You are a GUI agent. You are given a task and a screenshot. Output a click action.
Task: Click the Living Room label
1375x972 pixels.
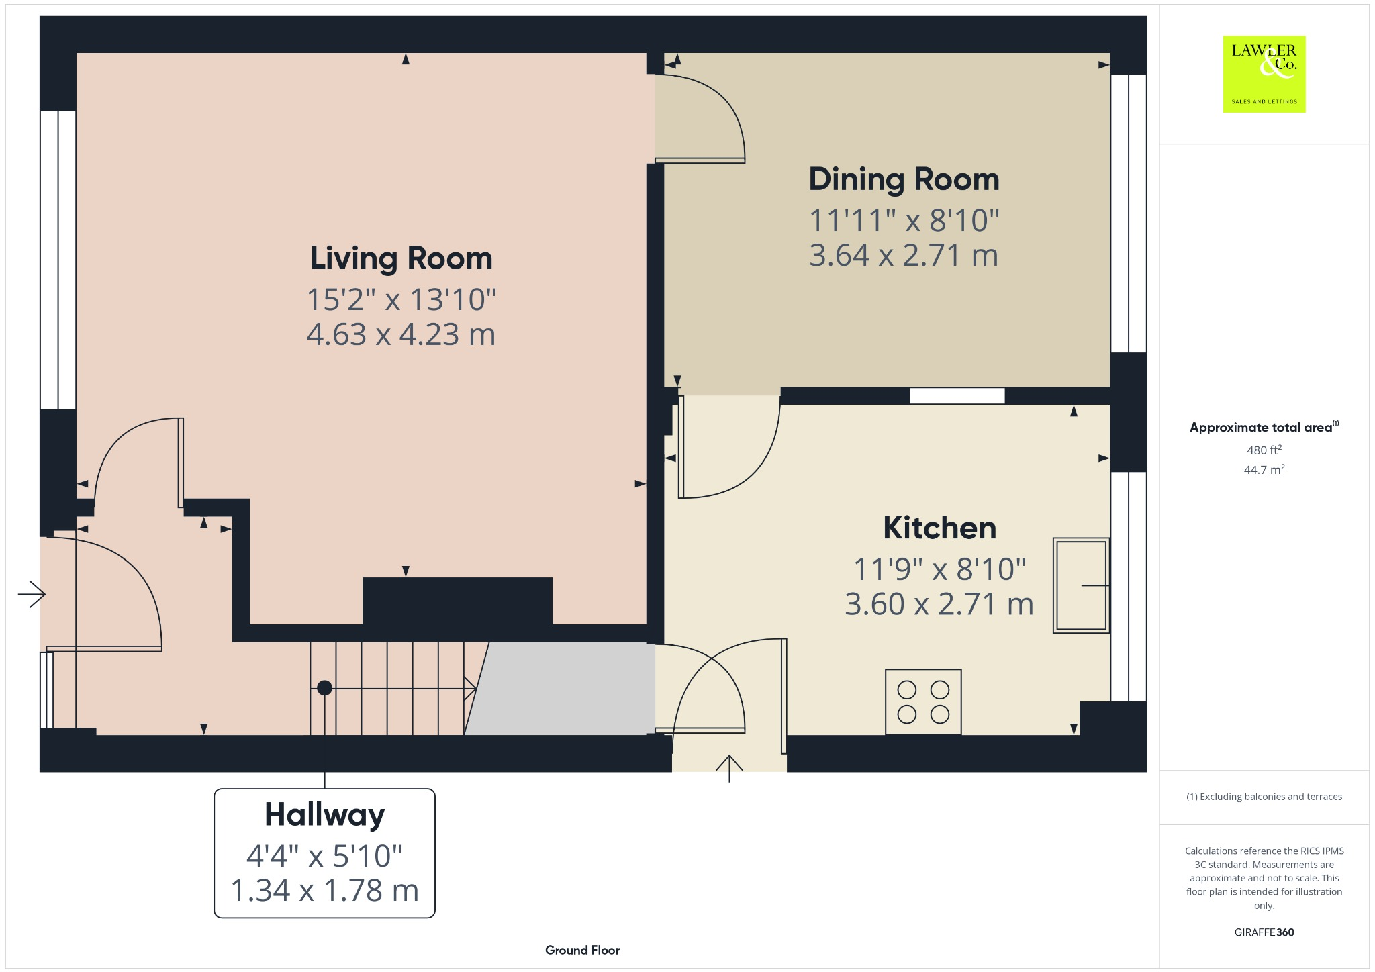tap(401, 258)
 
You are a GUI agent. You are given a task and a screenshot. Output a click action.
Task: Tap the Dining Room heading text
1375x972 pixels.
tap(904, 179)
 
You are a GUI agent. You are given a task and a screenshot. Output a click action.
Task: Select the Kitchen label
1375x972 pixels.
tap(939, 528)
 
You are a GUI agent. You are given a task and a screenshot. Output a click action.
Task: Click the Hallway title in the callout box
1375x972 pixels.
tap(324, 814)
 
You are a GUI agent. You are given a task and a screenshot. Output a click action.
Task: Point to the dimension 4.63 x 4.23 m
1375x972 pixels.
tap(401, 334)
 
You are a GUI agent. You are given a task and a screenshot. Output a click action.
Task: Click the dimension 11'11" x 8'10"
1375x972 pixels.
tap(904, 221)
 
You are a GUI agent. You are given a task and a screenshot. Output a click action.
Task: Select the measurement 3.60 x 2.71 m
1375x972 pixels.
tap(939, 604)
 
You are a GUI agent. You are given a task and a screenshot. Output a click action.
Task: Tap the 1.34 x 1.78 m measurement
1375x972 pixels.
tap(324, 891)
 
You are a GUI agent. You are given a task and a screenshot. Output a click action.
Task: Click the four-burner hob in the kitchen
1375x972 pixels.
tap(923, 701)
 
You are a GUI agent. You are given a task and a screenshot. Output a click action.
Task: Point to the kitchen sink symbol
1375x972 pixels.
tap(1080, 585)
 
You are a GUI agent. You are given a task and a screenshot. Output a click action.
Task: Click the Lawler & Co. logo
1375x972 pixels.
tap(1264, 74)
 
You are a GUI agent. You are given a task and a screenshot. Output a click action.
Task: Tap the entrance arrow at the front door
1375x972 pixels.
tap(31, 593)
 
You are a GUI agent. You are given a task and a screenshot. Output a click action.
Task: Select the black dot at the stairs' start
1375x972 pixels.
tap(324, 688)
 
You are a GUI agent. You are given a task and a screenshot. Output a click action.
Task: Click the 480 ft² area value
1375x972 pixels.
tap(1264, 450)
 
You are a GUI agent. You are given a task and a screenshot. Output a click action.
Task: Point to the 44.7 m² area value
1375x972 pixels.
tap(1264, 470)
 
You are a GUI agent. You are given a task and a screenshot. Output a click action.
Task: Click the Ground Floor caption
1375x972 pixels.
tap(582, 950)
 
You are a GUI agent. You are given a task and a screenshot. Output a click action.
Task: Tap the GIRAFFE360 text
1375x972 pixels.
tap(1264, 932)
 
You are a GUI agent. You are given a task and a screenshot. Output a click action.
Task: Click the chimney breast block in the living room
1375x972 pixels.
tap(457, 601)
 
